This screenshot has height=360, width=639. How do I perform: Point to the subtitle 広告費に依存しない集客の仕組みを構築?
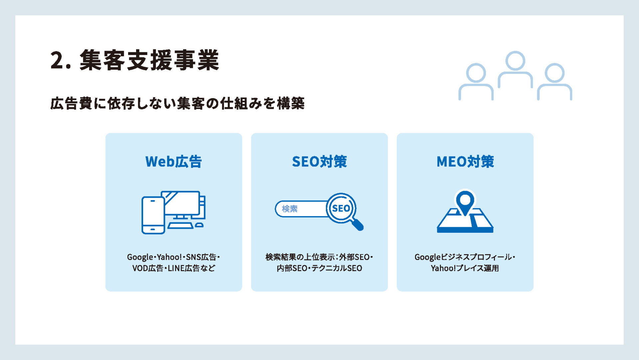(177, 103)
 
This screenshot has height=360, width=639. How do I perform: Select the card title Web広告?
(173, 162)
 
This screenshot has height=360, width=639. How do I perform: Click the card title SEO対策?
(319, 162)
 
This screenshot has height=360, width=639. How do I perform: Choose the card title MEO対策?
(465, 162)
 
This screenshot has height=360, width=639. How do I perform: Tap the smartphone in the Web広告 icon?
(153, 215)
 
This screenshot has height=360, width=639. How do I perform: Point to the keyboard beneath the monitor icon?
(180, 225)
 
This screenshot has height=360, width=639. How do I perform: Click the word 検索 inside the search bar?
(290, 209)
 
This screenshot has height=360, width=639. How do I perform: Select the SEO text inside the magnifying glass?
(341, 208)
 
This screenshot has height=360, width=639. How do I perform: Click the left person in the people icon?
(476, 82)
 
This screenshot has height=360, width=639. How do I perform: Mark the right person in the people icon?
(554, 82)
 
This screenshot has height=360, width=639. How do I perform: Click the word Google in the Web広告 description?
(140, 257)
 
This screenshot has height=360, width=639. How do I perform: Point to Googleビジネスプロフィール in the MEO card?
(463, 257)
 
